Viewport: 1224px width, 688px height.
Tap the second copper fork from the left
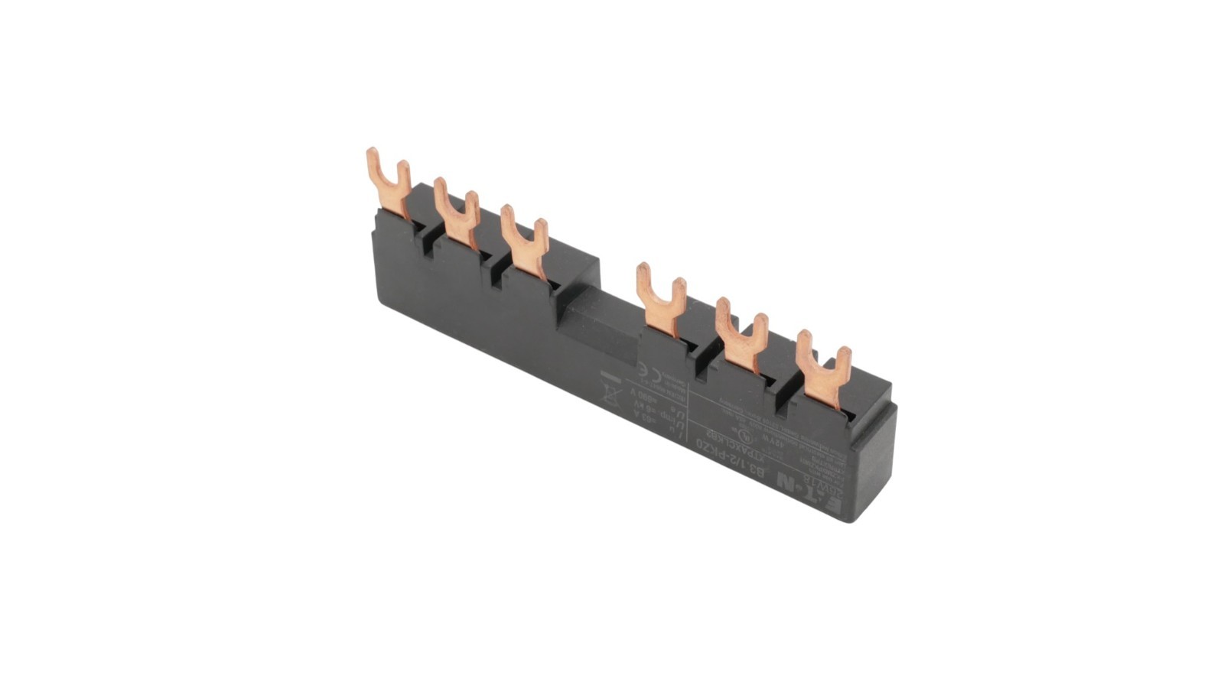(x=456, y=211)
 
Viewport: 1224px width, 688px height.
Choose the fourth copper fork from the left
(x=661, y=297)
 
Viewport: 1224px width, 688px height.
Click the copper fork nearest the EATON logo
(x=823, y=366)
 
